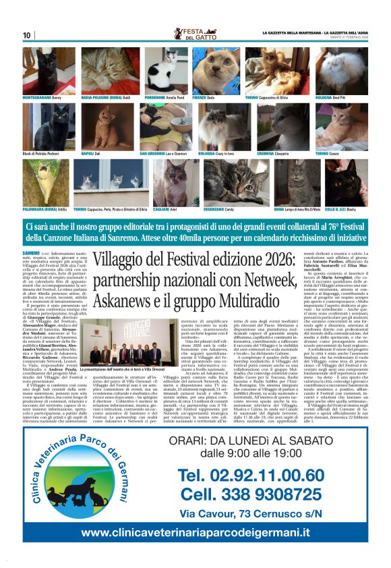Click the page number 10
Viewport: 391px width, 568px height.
click(27, 35)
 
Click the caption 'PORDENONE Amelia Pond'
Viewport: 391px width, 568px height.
click(162, 98)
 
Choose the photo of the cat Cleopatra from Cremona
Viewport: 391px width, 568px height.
click(280, 126)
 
